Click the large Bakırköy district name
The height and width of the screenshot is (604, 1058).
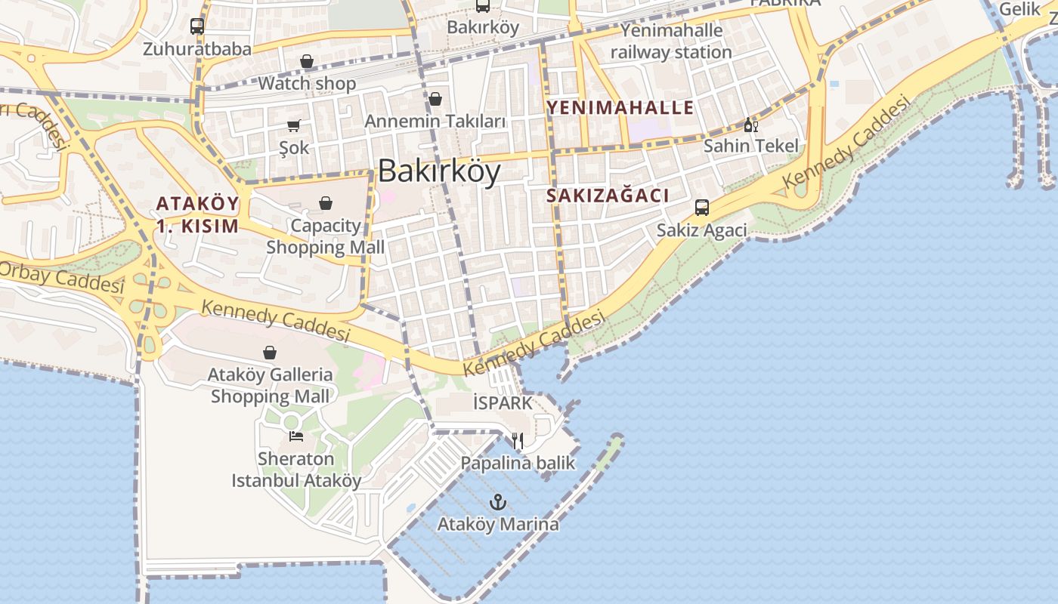click(x=439, y=171)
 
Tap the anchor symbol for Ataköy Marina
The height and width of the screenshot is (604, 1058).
click(x=497, y=501)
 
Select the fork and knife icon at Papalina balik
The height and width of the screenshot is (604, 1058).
click(x=518, y=441)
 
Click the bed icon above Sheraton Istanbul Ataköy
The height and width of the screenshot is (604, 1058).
click(x=296, y=436)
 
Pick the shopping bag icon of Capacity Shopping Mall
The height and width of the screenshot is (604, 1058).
click(x=326, y=203)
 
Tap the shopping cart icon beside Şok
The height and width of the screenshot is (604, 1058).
click(x=293, y=125)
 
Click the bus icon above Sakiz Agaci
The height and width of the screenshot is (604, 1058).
click(x=702, y=208)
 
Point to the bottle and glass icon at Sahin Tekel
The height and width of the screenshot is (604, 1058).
click(x=750, y=125)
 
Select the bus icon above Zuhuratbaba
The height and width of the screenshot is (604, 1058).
click(x=197, y=26)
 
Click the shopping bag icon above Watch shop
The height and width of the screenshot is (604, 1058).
click(x=307, y=61)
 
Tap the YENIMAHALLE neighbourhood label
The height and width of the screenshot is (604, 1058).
click(x=620, y=107)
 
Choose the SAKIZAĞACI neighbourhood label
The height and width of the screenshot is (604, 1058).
click(x=608, y=196)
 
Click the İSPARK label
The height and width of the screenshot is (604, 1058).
click(x=503, y=403)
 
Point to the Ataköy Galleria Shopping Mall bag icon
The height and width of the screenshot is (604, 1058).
click(x=270, y=353)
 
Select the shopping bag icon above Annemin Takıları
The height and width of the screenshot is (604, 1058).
click(x=435, y=99)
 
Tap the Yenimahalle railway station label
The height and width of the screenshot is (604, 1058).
click(x=671, y=42)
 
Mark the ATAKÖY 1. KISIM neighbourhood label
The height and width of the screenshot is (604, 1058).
click(x=197, y=214)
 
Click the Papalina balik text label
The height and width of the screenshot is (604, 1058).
click(x=518, y=463)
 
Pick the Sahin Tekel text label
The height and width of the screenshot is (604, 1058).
click(x=750, y=146)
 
